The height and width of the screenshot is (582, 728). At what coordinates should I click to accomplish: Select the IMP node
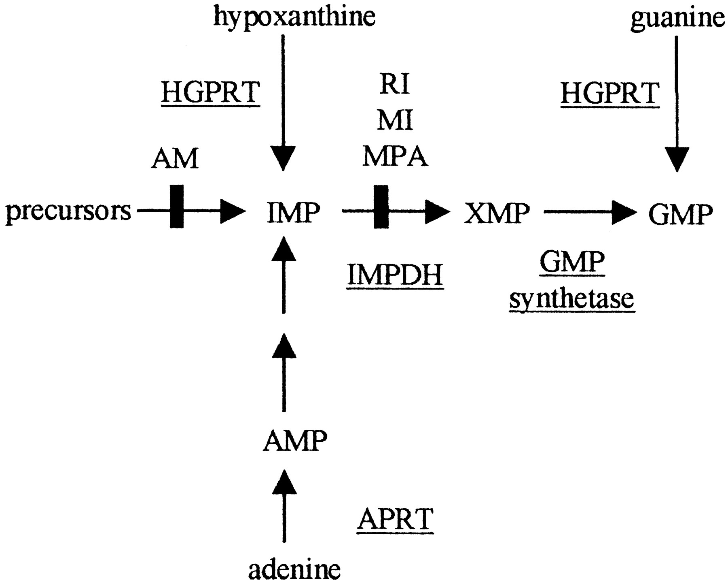(294, 212)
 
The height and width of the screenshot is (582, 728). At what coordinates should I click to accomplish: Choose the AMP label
(295, 440)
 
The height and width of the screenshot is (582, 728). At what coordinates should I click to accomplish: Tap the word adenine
(294, 569)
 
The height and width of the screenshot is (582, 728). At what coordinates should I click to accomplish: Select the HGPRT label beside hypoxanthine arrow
(210, 93)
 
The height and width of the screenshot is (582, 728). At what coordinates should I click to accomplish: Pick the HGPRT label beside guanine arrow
(610, 94)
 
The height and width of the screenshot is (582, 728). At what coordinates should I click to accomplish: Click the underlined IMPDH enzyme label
(395, 275)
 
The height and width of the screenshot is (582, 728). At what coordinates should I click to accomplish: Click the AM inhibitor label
(175, 158)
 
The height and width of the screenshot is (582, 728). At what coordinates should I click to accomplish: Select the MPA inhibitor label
(395, 156)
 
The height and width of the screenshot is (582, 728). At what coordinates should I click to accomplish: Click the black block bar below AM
(176, 206)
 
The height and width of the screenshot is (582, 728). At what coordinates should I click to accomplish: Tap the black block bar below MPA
(381, 206)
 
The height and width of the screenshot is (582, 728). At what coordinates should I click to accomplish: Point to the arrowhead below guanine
(677, 160)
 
